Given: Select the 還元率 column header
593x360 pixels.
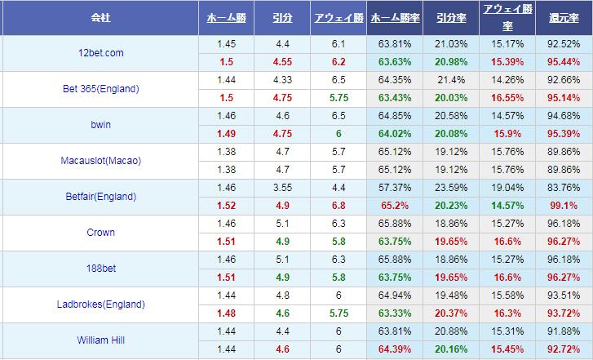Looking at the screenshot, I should (x=564, y=16).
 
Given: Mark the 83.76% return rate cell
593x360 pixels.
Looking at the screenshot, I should (x=564, y=187).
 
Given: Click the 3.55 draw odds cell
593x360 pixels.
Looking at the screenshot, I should (x=283, y=187).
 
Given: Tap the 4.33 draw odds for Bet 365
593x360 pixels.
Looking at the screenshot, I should (x=283, y=79).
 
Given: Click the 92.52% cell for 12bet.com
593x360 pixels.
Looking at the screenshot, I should (x=564, y=43).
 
